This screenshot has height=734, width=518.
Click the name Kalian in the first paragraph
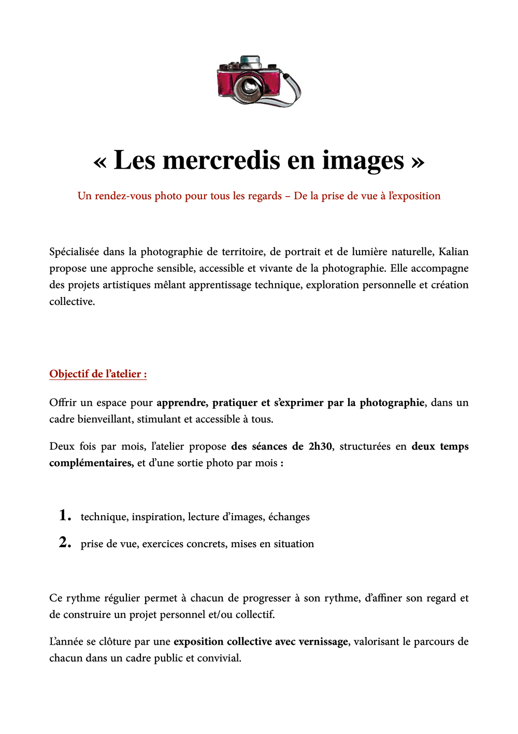click(x=453, y=252)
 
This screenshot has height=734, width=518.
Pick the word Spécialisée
click(x=74, y=252)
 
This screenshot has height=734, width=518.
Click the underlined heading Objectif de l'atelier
click(x=98, y=374)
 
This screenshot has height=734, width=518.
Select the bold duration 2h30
click(x=320, y=447)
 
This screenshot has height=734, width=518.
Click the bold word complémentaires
click(x=91, y=463)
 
